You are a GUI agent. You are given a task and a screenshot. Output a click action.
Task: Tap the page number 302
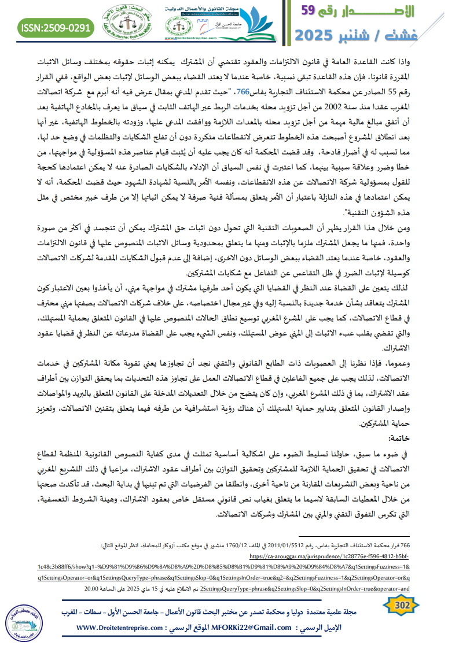(401, 605)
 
